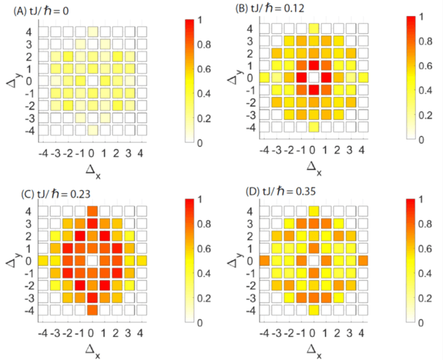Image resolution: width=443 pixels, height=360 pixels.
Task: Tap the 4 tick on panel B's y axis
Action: pyautogui.click(x=251, y=28)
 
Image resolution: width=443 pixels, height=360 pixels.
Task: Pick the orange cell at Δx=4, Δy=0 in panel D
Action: pyautogui.click(x=363, y=261)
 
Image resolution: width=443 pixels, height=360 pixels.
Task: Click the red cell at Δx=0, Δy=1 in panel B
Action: pyautogui.click(x=314, y=65)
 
